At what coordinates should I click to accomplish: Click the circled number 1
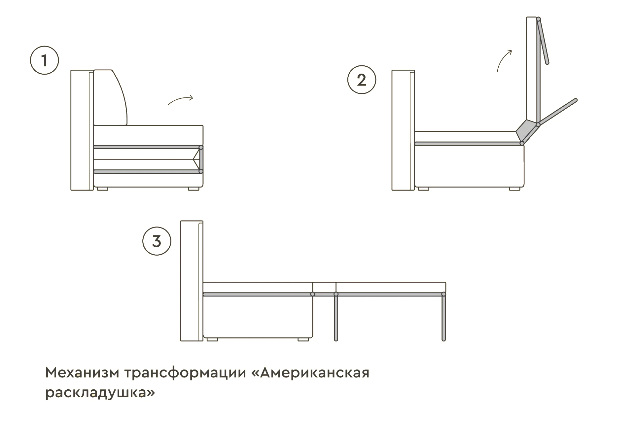click(x=44, y=60)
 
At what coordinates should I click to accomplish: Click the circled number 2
click(x=362, y=80)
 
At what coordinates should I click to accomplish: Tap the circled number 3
click(x=157, y=241)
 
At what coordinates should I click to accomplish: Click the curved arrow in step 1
click(x=180, y=100)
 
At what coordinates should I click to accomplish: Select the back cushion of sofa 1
click(x=111, y=98)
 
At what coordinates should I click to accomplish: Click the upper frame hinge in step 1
click(x=201, y=147)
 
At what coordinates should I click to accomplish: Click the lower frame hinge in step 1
click(x=201, y=171)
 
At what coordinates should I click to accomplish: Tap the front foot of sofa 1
click(x=194, y=189)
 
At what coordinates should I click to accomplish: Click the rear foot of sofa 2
click(x=423, y=189)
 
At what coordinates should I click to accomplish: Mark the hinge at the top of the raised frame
click(x=539, y=19)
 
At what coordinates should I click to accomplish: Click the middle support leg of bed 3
click(x=336, y=317)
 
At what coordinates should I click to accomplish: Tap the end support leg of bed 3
click(x=443, y=317)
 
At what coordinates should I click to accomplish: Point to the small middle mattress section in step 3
click(x=324, y=287)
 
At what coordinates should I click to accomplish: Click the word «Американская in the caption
click(x=310, y=373)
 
